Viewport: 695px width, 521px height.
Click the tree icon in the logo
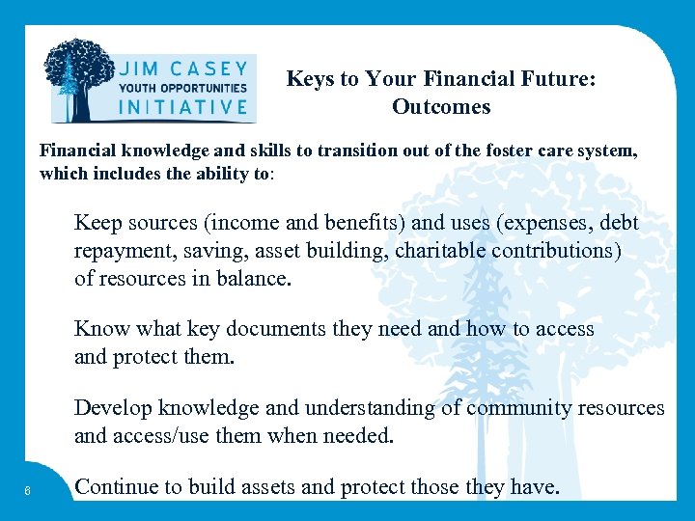(81, 80)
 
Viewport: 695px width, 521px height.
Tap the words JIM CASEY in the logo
(183, 69)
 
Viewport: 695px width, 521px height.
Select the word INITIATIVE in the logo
(182, 107)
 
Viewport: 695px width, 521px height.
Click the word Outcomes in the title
(441, 107)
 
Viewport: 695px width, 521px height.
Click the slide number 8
(30, 491)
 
